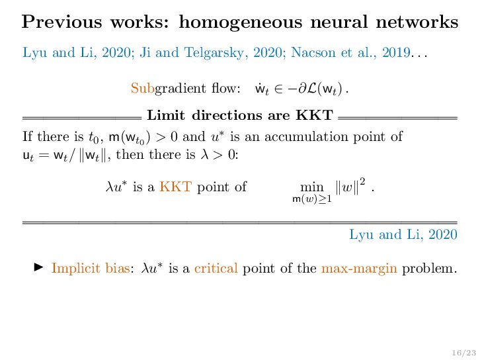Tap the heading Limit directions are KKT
239,116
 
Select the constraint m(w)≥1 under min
312,199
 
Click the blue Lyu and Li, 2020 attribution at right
403,234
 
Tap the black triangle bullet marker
38,267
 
